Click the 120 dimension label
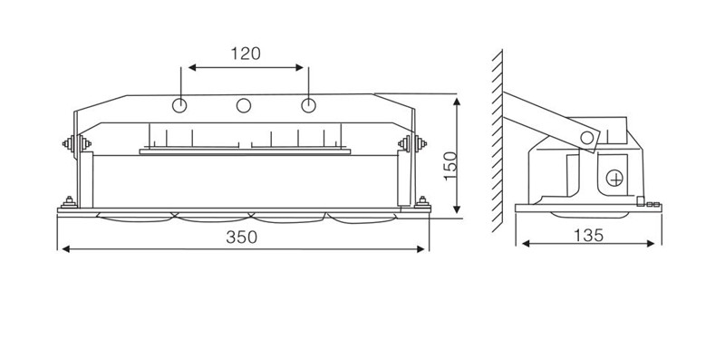pos(246,54)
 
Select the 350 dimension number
pos(241,237)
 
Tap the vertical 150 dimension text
pos(449,166)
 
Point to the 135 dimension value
pos(588,236)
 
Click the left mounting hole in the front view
pos(179,105)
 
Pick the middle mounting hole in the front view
pos(244,105)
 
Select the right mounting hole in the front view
pos(308,105)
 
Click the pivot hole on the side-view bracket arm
pos(586,138)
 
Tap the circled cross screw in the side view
pos(614,178)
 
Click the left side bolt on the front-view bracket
pos(77,143)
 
